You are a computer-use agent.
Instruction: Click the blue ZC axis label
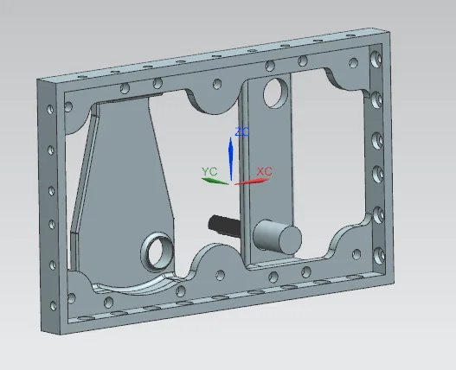(242, 132)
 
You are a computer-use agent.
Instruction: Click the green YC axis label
(209, 171)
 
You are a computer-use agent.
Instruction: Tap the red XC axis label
(265, 171)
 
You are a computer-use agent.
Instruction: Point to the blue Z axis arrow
(231, 159)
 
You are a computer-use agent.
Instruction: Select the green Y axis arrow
(215, 181)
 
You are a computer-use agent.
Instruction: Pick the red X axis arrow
(252, 182)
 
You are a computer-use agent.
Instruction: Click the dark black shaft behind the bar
(224, 225)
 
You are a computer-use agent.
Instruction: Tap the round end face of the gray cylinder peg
(290, 239)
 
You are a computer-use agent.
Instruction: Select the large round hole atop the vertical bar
(275, 93)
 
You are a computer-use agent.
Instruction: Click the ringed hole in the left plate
(157, 252)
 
